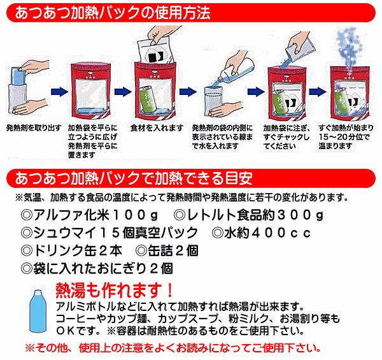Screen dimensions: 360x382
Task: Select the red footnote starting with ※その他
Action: pyautogui.click(x=172, y=349)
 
